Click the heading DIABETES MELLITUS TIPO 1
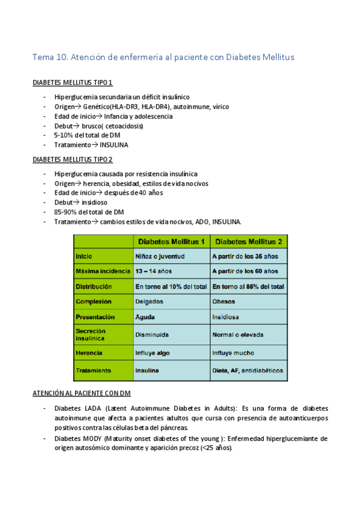[73, 82]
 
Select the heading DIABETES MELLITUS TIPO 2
[73, 159]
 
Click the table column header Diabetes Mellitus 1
[172, 242]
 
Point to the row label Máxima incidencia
[99, 271]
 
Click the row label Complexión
[94, 301]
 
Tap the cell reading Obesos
[224, 301]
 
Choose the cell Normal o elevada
[238, 334]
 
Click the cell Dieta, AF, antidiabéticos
[248, 370]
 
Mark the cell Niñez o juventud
[159, 256]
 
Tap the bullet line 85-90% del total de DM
[88, 212]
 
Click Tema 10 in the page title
[50, 57]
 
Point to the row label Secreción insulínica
[91, 334]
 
